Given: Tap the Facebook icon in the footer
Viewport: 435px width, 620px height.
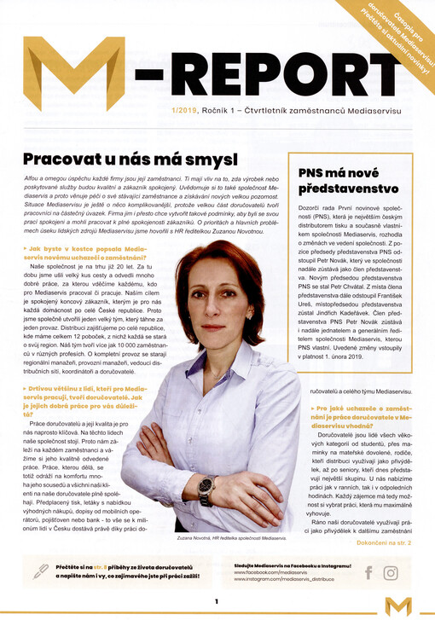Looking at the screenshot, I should click(368, 573).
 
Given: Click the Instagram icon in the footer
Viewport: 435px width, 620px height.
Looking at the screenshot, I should click(391, 573).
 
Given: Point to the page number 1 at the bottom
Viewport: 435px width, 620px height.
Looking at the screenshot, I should click(217, 601).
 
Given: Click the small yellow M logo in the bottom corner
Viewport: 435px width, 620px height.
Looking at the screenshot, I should click(397, 604).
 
